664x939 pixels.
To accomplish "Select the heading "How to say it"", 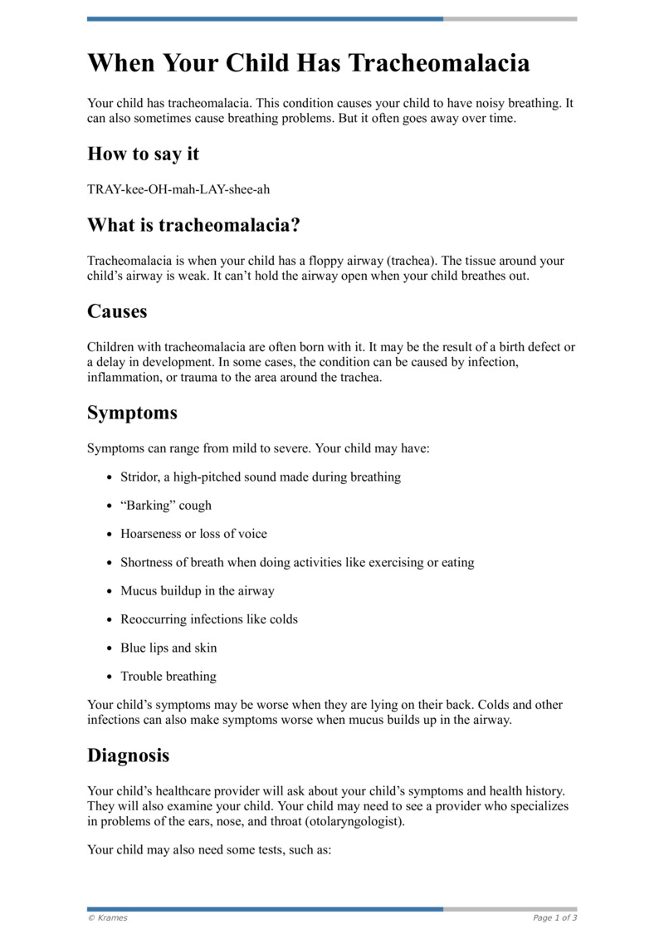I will pos(143,154).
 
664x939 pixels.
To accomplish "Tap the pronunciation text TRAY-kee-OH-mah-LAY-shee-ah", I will pos(178,189).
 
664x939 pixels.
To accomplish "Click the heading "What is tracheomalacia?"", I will pos(193,225).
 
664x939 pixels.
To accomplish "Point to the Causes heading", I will pos(117,311).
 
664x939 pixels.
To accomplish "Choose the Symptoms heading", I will pos(132,413).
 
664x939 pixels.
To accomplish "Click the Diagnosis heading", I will pos(128,756).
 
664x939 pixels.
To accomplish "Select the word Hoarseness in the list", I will pos(151,534).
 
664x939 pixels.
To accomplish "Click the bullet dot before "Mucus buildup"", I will pos(110,591).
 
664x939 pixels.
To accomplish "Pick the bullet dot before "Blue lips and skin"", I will pos(110,648).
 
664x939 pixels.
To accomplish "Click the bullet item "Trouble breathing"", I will pos(168,677).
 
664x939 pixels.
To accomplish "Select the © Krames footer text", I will pos(108,918).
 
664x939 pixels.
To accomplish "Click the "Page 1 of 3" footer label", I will pos(554,918).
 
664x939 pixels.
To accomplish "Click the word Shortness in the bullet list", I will pos(146,563).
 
